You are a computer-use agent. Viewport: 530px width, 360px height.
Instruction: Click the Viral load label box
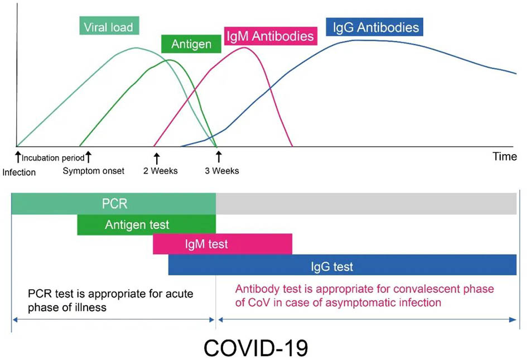coord(108,26)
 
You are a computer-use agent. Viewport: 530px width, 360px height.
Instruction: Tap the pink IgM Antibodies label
coord(270,37)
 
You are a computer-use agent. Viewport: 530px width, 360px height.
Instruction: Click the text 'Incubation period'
coord(53,158)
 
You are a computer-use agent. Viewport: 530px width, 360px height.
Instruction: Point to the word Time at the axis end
coord(504,157)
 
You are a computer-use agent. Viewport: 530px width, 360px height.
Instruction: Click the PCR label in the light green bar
coord(114,204)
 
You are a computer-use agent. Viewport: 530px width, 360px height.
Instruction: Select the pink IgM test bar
coord(222,244)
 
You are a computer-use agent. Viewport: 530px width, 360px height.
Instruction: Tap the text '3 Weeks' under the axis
coord(221,171)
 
